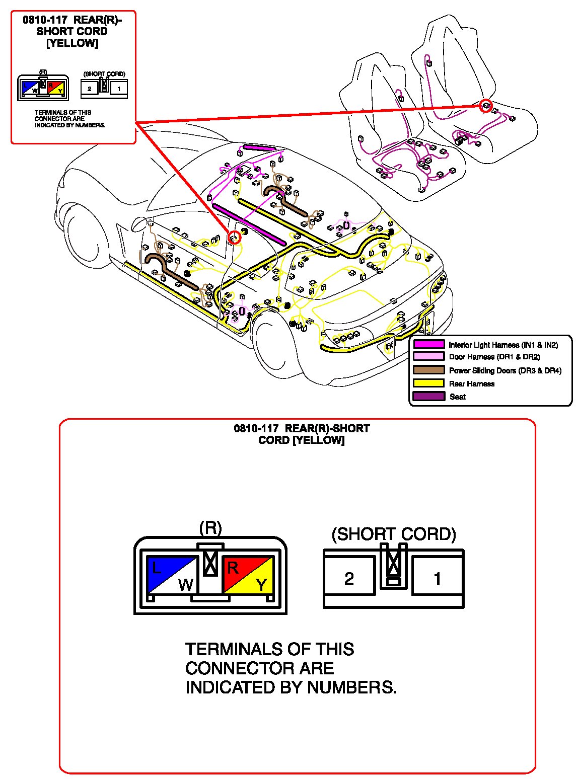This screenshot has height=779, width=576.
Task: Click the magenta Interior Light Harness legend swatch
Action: coord(428,345)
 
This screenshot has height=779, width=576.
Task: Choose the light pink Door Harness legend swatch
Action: coord(428,357)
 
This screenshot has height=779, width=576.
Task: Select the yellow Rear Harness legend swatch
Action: coord(428,383)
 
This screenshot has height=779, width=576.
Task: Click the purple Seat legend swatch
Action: coord(428,397)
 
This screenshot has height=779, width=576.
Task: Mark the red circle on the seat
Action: coord(485,105)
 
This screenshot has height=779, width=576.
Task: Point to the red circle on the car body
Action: coord(234,237)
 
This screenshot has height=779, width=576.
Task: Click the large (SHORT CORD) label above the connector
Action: coord(394,534)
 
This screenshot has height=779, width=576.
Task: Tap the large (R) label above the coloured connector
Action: coord(210,528)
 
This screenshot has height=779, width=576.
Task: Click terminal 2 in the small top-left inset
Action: coord(90,89)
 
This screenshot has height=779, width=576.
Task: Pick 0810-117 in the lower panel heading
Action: coord(256,429)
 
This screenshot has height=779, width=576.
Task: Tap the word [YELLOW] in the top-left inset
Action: coord(72,43)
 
